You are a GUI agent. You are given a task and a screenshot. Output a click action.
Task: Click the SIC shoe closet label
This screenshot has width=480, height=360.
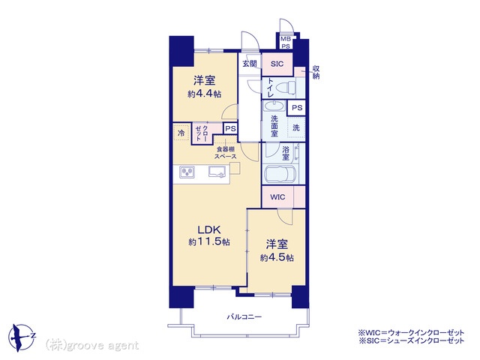click(277, 64)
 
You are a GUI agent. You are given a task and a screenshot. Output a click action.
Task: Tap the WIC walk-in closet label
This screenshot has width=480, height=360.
click(277, 197)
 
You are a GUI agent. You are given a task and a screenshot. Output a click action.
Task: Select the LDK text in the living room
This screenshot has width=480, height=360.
click(209, 229)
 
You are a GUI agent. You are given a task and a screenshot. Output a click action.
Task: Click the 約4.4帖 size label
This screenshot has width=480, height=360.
click(205, 94)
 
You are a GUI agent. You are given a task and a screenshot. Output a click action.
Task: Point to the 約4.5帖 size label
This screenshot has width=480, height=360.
click(277, 258)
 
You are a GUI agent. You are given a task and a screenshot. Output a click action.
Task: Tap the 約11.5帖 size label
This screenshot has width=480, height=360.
click(209, 241)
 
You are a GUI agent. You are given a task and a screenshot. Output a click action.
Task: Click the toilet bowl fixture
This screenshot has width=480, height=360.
click(286, 88)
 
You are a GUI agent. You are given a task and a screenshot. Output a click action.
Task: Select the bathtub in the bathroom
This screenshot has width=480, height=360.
click(280, 175)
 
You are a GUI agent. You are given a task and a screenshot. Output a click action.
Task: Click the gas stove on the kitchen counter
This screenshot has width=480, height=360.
click(187, 172)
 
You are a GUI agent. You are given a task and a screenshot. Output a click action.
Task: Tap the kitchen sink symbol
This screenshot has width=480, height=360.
click(217, 172)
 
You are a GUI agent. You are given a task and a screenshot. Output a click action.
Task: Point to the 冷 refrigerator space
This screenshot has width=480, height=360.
click(181, 133)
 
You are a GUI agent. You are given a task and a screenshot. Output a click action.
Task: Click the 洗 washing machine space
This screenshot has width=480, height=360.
click(296, 127)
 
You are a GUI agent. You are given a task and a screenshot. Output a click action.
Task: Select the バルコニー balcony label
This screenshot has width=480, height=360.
click(244, 316)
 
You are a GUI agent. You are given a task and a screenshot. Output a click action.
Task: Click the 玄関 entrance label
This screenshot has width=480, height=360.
click(250, 64)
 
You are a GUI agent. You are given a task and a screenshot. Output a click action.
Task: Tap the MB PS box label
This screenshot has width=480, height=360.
click(286, 43)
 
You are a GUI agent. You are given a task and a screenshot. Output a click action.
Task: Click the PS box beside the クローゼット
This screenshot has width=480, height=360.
click(230, 128)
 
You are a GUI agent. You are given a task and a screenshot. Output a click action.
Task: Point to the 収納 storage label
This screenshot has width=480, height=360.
click(316, 72)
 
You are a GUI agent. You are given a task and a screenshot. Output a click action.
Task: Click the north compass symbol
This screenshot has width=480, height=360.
click(22, 337)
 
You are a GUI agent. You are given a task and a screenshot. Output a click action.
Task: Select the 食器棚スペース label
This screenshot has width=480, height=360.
click(226, 153)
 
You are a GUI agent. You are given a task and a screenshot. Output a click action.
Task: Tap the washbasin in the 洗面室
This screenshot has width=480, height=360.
click(274, 106)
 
